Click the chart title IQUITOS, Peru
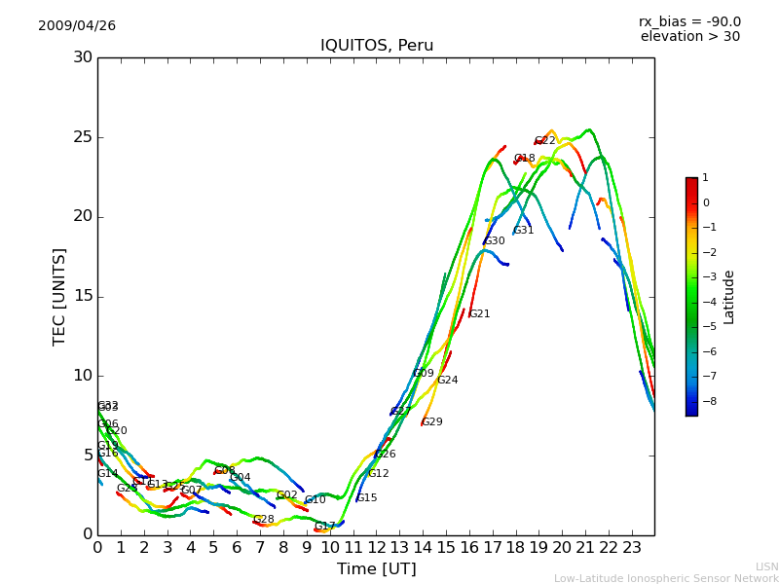click(x=377, y=46)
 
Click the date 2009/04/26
click(x=77, y=25)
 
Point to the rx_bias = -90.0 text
click(x=689, y=21)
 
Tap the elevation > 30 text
click(x=689, y=37)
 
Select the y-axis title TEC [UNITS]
click(x=59, y=296)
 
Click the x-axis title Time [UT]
click(x=376, y=569)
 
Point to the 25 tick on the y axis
click(x=82, y=137)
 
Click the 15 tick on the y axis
click(x=82, y=296)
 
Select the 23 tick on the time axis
click(x=632, y=547)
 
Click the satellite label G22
click(x=544, y=141)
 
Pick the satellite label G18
click(x=524, y=159)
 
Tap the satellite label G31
click(x=524, y=231)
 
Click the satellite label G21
click(x=479, y=314)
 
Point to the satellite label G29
click(x=432, y=422)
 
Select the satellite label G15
click(x=366, y=498)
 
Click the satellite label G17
click(x=324, y=527)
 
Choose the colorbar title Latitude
click(x=728, y=297)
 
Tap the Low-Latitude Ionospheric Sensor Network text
click(x=666, y=578)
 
